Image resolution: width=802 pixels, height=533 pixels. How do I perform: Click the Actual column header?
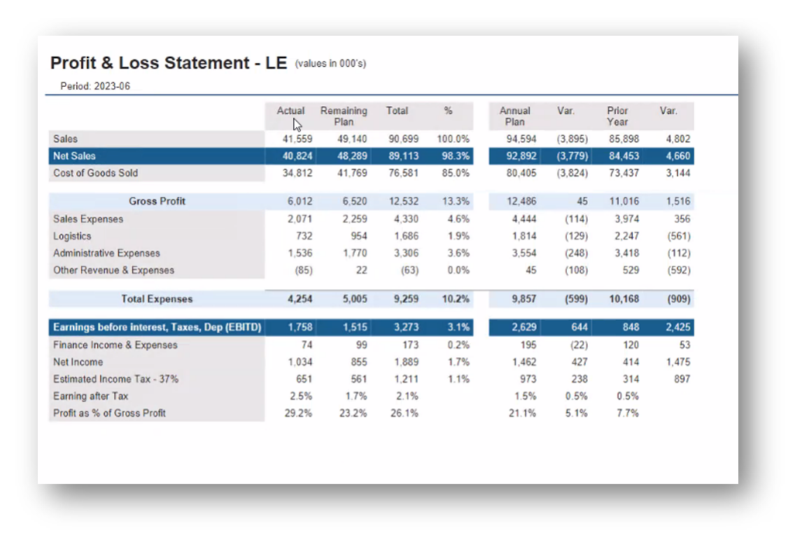(290, 111)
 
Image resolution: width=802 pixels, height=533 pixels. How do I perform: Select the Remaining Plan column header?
(344, 116)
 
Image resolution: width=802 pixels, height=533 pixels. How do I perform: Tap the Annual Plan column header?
(514, 116)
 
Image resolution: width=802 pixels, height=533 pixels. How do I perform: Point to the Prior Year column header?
(617, 116)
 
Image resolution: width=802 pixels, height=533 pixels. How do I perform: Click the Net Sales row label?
(74, 156)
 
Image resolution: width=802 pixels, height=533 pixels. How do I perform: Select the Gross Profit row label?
(157, 201)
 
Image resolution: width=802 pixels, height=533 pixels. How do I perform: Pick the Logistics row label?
(72, 236)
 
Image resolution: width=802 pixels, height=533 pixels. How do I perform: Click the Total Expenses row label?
(157, 299)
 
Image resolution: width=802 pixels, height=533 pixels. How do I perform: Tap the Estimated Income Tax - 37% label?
(115, 380)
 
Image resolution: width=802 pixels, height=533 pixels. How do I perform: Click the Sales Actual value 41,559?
(297, 139)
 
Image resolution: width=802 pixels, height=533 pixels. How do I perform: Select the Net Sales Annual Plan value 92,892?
(521, 156)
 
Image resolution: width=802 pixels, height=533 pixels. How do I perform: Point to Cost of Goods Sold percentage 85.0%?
(455, 173)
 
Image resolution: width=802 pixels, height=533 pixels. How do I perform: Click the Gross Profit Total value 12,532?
(404, 201)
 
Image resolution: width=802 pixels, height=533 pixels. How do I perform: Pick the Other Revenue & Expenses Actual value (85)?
(303, 270)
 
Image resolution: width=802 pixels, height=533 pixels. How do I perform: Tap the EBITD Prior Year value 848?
(631, 327)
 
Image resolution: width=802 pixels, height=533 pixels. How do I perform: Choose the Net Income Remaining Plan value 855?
(358, 362)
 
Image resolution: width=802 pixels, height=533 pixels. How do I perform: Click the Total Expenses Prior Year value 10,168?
(624, 299)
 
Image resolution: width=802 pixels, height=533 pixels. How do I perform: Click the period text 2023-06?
(112, 86)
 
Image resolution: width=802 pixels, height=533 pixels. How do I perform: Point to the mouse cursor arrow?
(297, 125)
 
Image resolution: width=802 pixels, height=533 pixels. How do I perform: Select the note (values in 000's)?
(330, 64)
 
